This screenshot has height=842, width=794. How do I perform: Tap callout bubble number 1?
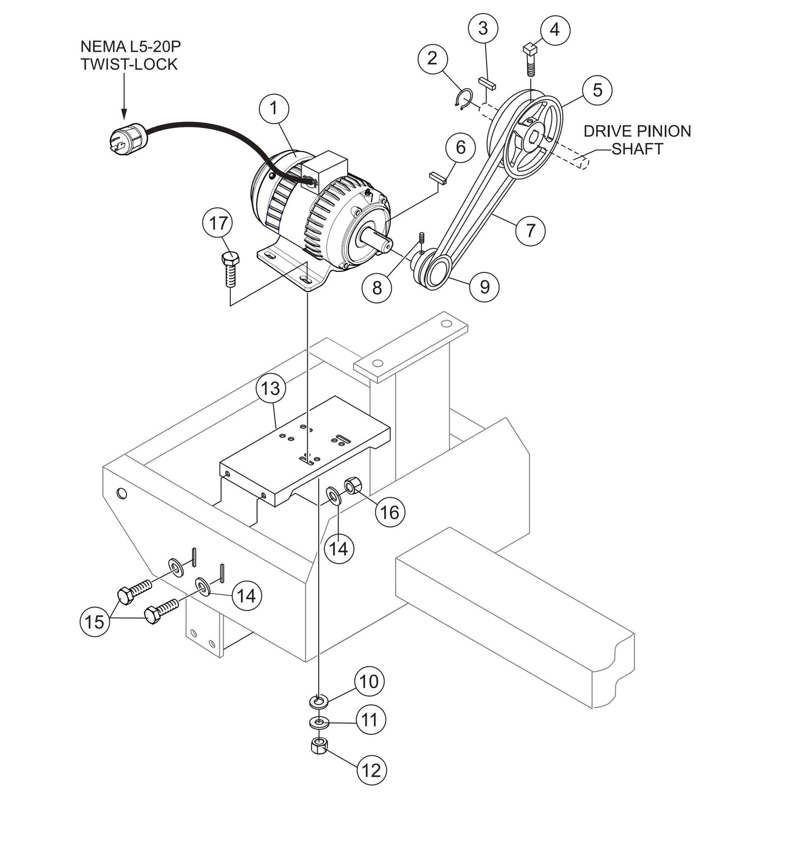[x=274, y=108]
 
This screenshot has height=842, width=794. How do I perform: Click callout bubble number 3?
[x=483, y=29]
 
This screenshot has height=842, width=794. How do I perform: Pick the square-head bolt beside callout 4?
[x=530, y=58]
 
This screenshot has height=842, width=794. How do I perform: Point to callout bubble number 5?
[x=597, y=90]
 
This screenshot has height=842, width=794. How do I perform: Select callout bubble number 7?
[x=530, y=230]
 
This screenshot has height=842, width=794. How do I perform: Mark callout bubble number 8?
[x=377, y=287]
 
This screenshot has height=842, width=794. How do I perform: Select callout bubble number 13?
[x=271, y=388]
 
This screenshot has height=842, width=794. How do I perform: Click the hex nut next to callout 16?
[x=352, y=486]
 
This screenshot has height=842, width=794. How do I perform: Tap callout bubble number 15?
[x=95, y=622]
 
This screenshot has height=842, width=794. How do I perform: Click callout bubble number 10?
[x=369, y=682]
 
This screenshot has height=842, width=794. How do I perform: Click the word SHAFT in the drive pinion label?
[x=637, y=149]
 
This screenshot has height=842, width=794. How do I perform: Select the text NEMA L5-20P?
[x=130, y=47]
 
